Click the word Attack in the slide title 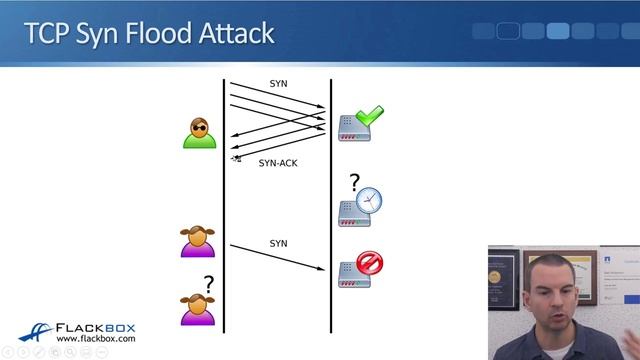coord(237,33)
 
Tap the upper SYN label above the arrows coord(278,83)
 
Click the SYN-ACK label coord(277,163)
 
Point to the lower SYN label coord(278,244)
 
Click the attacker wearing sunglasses coord(199,133)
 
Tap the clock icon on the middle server coord(369,200)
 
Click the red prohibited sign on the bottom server coord(370,263)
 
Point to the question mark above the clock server coord(353,182)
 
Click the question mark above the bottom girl coord(208,285)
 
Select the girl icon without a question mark coord(197,242)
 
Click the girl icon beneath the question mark coord(197,310)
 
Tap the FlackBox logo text coord(96,328)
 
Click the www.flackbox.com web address coord(96,340)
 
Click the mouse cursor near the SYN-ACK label coord(237,158)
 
